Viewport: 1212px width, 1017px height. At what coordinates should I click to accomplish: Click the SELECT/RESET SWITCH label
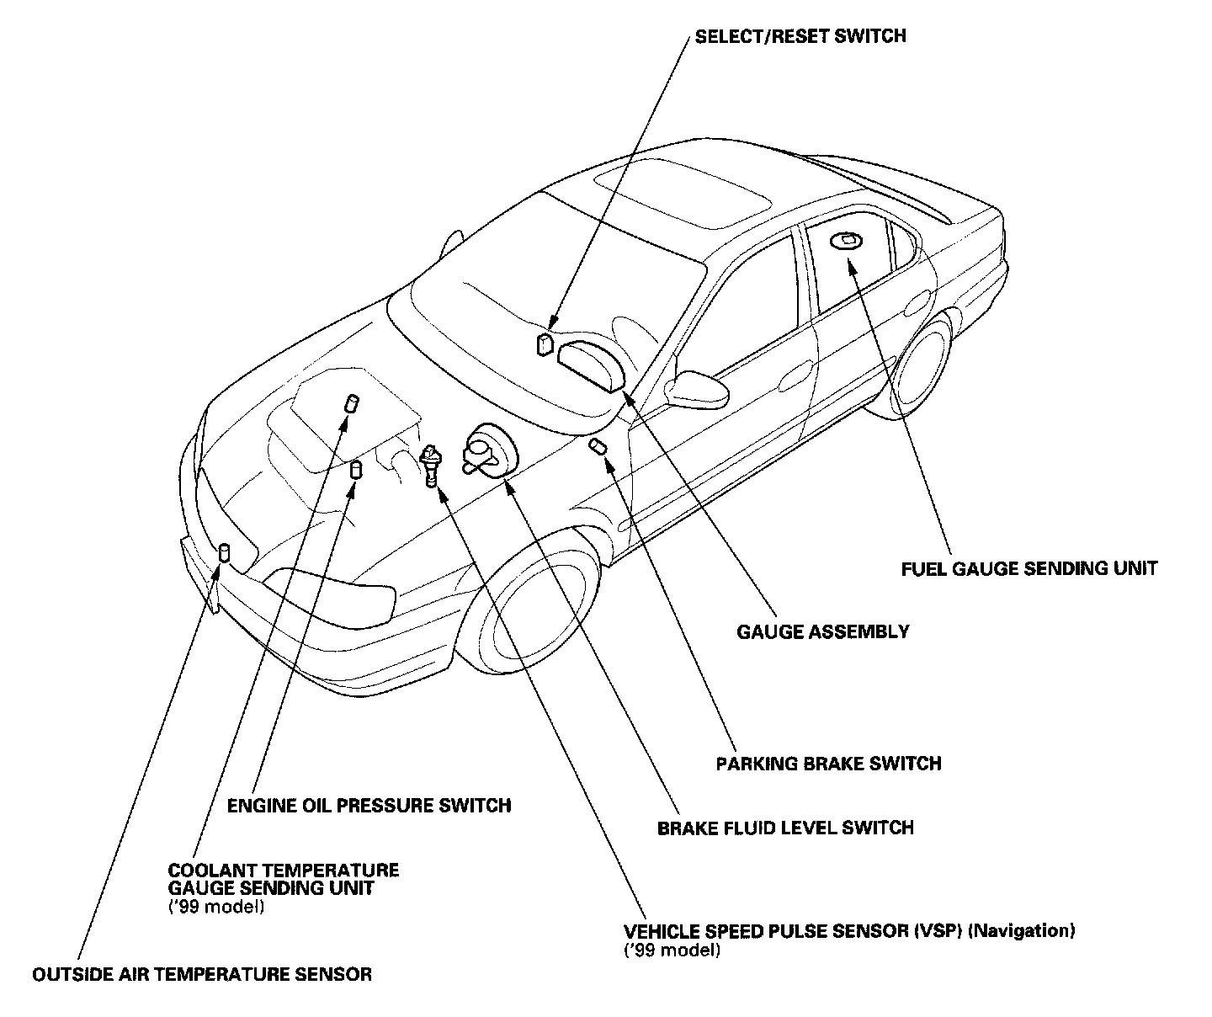(x=800, y=36)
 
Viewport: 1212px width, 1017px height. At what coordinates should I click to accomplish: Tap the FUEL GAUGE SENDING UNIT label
(x=1029, y=568)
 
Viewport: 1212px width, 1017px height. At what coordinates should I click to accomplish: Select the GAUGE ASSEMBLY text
(x=822, y=631)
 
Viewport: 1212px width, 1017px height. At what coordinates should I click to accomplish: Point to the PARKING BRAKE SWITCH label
(x=828, y=764)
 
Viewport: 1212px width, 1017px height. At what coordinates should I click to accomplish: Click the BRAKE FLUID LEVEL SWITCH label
(x=784, y=828)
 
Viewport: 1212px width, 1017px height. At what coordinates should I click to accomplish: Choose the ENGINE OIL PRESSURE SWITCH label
(x=369, y=806)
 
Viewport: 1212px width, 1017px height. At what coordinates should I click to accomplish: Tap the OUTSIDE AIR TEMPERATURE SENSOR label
(x=202, y=975)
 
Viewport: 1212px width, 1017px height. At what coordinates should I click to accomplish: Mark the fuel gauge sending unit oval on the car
(x=844, y=242)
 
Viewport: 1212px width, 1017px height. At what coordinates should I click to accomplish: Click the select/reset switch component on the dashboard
(x=545, y=343)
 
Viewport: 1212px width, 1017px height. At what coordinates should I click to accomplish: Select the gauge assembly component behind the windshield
(x=591, y=364)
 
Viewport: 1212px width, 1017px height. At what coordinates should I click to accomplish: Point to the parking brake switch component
(x=598, y=445)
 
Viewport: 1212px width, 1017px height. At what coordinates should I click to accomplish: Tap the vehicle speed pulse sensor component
(x=431, y=464)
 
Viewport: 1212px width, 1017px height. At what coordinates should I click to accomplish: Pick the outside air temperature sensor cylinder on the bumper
(x=224, y=553)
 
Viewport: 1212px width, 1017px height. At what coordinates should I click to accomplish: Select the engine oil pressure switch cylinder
(x=356, y=469)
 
